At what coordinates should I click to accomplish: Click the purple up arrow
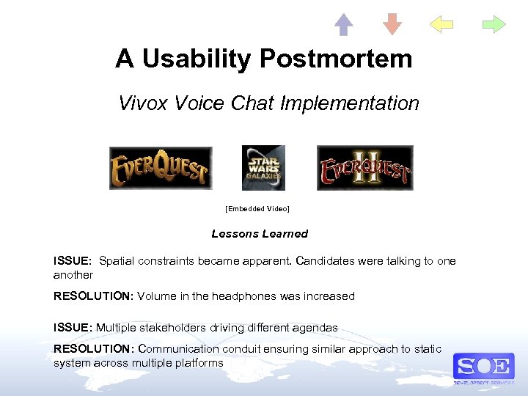click(x=344, y=25)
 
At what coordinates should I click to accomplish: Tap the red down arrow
click(x=393, y=25)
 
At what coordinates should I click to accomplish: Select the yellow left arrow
click(x=441, y=25)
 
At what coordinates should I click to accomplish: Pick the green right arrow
click(x=494, y=25)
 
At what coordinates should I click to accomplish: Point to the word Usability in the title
click(x=193, y=59)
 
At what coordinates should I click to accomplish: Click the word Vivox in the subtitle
click(x=144, y=103)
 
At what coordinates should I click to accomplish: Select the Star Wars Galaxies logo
click(x=263, y=168)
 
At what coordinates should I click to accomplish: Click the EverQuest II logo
click(x=364, y=168)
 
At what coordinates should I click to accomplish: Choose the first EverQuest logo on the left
click(x=161, y=168)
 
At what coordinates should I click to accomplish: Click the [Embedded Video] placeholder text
click(x=257, y=209)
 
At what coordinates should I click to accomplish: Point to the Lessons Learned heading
click(x=260, y=234)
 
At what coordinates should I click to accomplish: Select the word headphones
click(x=246, y=296)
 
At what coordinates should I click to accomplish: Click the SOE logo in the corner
click(x=483, y=366)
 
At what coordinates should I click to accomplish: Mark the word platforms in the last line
click(x=197, y=363)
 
